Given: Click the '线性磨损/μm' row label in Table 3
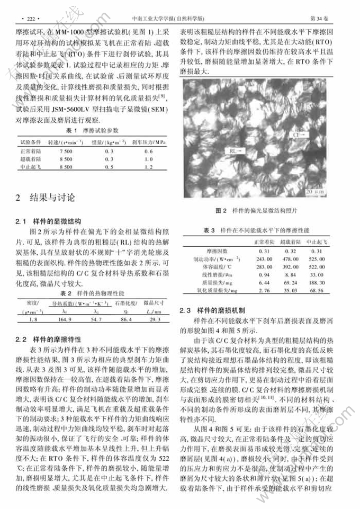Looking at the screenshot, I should click(210, 275).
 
